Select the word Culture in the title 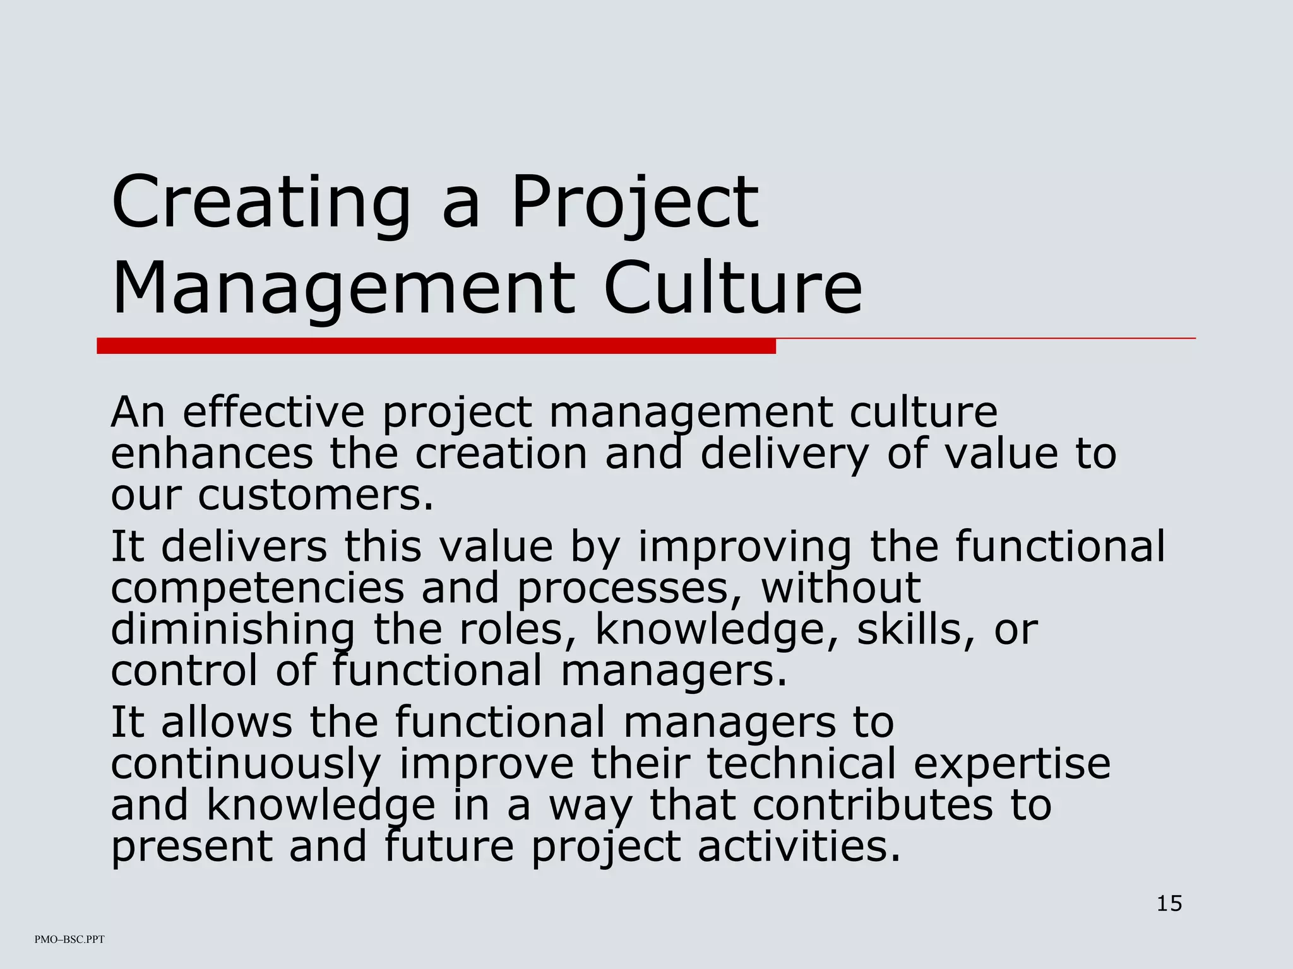coord(732,288)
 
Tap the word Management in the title coord(343,288)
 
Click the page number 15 coord(1169,903)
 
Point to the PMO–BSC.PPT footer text coord(69,939)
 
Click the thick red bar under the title coord(436,346)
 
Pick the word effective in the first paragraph coord(273,412)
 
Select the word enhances coord(212,454)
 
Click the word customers coord(316,495)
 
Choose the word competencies coord(258,588)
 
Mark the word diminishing coord(232,629)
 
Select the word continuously coord(246,764)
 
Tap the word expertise coord(1012,764)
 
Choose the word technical coord(801,764)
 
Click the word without coord(840,588)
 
